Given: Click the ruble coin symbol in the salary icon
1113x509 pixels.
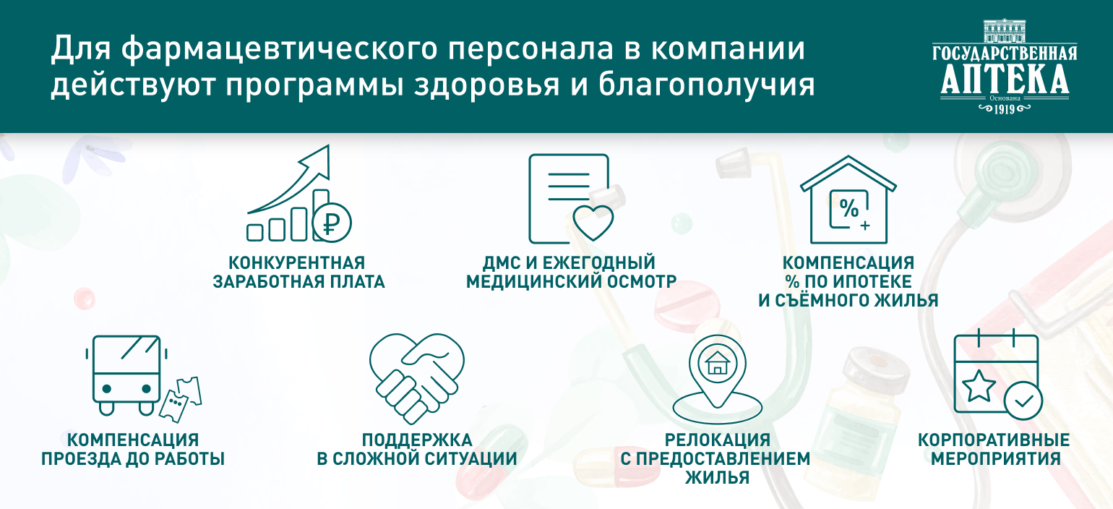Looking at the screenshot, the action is click(x=331, y=222).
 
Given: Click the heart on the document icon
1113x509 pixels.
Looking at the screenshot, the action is click(x=593, y=223).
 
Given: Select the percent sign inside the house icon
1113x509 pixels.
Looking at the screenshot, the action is click(x=848, y=208).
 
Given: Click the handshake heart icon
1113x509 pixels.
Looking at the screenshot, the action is click(x=416, y=378).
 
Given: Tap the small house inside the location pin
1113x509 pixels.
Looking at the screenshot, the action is click(x=716, y=364).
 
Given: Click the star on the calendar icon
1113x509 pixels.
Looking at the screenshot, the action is click(x=979, y=385).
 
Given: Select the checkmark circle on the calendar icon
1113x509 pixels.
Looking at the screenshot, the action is click(x=1023, y=401).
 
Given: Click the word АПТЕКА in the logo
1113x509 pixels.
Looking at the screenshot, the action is click(x=1005, y=80).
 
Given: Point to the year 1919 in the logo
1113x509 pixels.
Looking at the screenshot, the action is click(x=1004, y=109).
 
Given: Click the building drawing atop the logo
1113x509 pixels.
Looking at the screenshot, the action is click(x=1005, y=31).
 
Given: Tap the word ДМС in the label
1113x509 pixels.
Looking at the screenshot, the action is click(x=502, y=262).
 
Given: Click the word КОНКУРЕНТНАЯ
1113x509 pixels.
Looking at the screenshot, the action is click(x=296, y=262).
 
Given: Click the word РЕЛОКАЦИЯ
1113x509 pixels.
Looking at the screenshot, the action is click(x=718, y=440).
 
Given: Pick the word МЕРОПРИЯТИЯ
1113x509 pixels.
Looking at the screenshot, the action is click(x=996, y=458).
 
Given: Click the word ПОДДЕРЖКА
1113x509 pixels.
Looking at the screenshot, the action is click(x=417, y=440).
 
